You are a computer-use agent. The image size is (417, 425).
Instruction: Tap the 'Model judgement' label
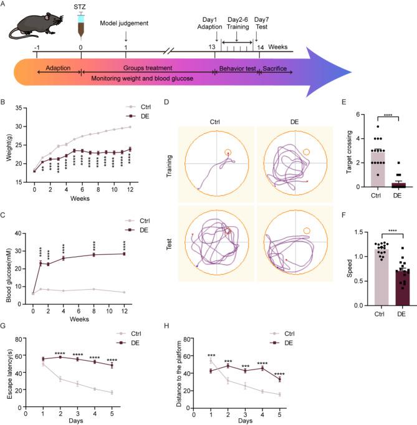pos(125,24)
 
